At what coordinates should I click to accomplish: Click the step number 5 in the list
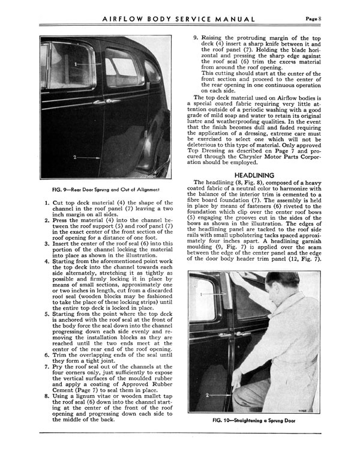pos(48,313)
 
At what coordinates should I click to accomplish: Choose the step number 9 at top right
pos(195,37)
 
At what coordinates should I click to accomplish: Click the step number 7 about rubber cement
pos(48,366)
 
